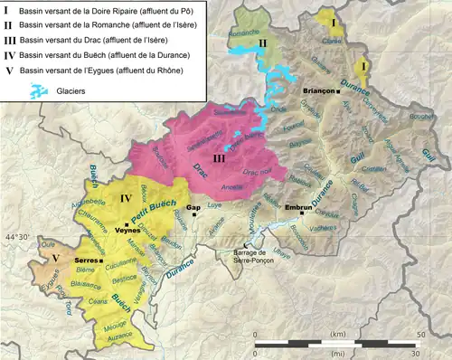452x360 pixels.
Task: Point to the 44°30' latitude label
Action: (x=19, y=238)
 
